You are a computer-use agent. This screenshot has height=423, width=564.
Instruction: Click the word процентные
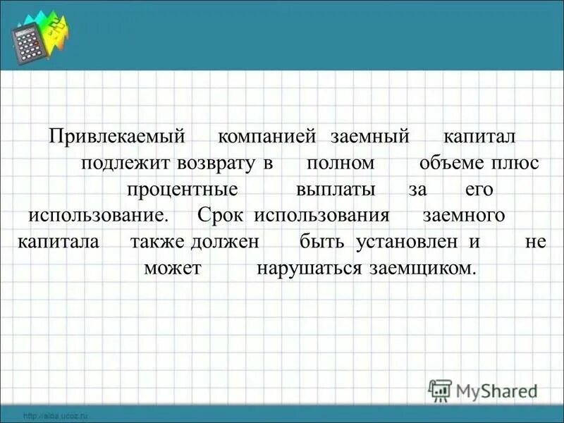[x=182, y=190]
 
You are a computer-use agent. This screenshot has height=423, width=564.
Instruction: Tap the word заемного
[x=464, y=216]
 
